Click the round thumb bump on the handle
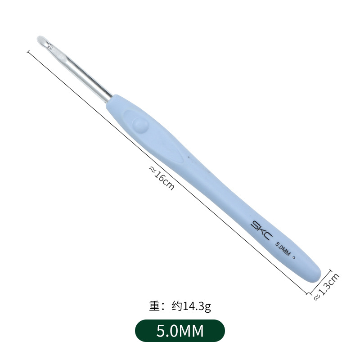(x=140, y=125)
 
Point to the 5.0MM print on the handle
(x=283, y=249)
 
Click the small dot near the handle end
(x=293, y=258)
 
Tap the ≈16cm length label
(x=162, y=178)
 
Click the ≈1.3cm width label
(x=327, y=287)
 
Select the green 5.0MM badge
(x=180, y=331)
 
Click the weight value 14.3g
(x=197, y=306)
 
